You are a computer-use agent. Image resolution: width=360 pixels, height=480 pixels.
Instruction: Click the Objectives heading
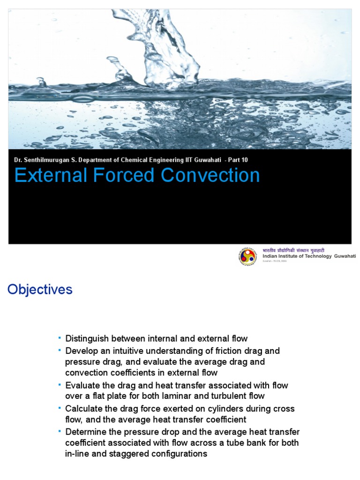point(40,290)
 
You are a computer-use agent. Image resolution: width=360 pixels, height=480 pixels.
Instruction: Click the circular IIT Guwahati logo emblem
point(248,256)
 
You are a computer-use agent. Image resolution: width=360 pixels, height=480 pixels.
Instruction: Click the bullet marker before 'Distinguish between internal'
point(60,337)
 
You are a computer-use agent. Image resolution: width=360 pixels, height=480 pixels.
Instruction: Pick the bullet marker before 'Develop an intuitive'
point(60,350)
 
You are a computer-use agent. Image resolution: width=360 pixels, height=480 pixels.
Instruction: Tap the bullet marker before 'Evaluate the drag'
point(60,384)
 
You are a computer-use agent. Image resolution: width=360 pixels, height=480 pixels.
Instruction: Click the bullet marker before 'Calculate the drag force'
point(60,408)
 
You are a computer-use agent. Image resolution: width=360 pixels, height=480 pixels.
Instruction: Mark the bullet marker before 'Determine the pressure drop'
point(60,431)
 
